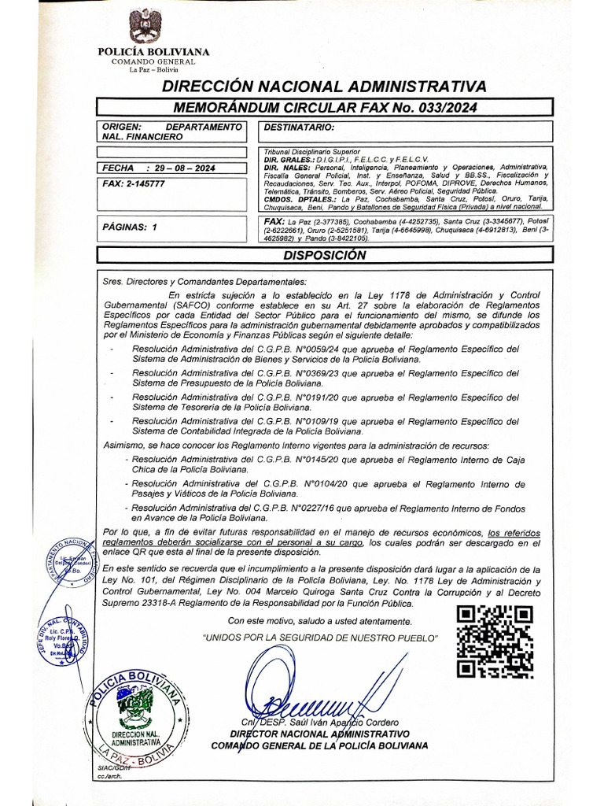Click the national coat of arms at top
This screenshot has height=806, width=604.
pyautogui.click(x=146, y=25)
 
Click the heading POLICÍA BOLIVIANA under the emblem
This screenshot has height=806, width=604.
pyautogui.click(x=153, y=52)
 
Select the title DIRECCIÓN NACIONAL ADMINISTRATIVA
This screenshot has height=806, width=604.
pyautogui.click(x=324, y=86)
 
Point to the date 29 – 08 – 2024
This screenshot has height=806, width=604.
pyautogui.click(x=180, y=168)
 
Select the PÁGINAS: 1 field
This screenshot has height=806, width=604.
pyautogui.click(x=131, y=227)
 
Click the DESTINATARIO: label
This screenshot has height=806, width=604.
pyautogui.click(x=300, y=127)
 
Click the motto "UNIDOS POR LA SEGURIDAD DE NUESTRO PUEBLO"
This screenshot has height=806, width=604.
pyautogui.click(x=320, y=637)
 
